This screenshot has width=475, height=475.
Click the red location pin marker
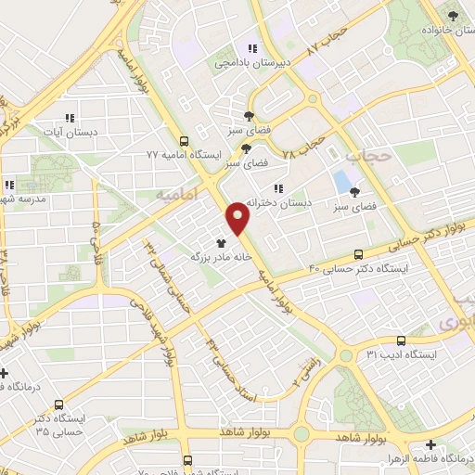click(x=238, y=217)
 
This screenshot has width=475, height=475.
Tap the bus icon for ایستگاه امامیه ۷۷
click(x=184, y=142)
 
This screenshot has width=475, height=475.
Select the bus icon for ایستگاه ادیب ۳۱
click(x=401, y=341)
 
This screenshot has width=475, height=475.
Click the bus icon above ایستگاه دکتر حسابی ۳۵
click(x=59, y=404)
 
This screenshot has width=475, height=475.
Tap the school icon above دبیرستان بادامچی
click(x=251, y=49)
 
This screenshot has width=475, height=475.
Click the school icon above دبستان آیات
click(x=69, y=119)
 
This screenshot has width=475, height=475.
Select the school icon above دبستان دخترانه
click(x=277, y=189)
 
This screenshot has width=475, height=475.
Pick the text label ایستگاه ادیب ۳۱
click(x=399, y=354)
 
